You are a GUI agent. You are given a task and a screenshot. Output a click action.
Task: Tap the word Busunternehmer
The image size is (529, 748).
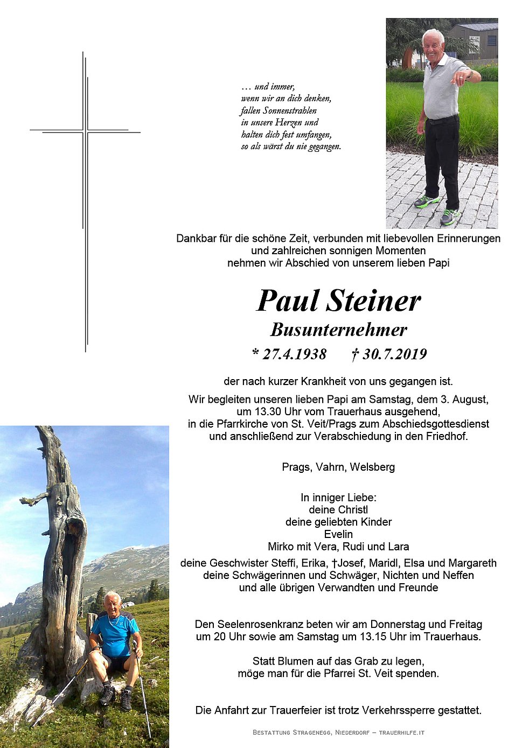[339, 330]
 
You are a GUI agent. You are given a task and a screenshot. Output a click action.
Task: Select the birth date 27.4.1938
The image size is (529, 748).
[294, 354]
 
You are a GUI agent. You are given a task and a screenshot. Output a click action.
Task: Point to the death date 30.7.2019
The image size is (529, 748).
[394, 354]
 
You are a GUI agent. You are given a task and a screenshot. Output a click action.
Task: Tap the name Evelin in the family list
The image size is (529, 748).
[338, 534]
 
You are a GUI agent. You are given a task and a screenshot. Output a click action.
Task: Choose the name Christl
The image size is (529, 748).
[353, 509]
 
